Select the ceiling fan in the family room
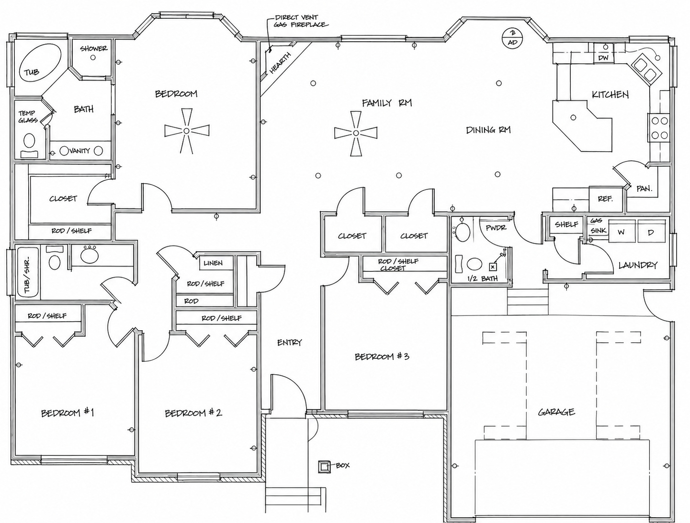355,133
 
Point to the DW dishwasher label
604,58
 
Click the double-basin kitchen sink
645,69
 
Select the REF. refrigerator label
605,198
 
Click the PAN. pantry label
644,189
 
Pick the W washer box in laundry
622,232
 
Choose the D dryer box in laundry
651,232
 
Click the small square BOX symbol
324,466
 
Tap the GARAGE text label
556,412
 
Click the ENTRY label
289,342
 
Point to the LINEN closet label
213,263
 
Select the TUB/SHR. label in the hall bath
27,278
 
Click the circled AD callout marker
512,38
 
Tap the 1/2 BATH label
482,279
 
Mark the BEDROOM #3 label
382,357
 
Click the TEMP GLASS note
27,116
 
